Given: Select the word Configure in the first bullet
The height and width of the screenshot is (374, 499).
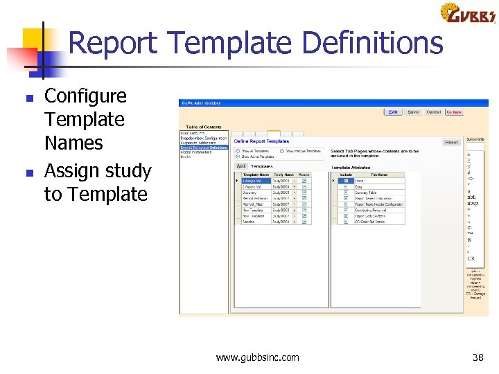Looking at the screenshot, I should (85, 96).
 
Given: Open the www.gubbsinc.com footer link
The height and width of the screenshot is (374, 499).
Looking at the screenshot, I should (258, 357).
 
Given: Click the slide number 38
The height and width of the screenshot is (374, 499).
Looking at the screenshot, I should (478, 357).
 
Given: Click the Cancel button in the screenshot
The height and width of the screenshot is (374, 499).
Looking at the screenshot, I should (434, 112).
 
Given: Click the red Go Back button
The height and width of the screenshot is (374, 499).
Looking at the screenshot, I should (454, 112).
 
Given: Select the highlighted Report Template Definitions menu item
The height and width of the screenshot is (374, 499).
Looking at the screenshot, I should (204, 148).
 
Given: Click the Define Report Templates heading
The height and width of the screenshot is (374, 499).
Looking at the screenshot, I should (259, 141).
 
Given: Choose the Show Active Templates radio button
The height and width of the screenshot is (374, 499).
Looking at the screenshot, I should (238, 157).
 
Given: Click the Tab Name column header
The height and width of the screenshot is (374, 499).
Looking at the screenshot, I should (378, 175).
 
